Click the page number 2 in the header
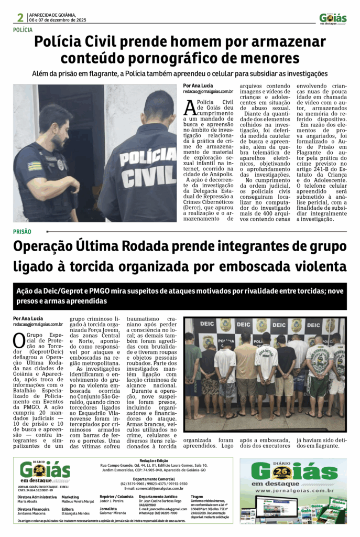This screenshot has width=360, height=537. (19, 17)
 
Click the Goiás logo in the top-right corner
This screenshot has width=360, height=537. (333, 18)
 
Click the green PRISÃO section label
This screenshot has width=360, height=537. (22, 231)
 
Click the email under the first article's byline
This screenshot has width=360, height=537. (205, 91)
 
